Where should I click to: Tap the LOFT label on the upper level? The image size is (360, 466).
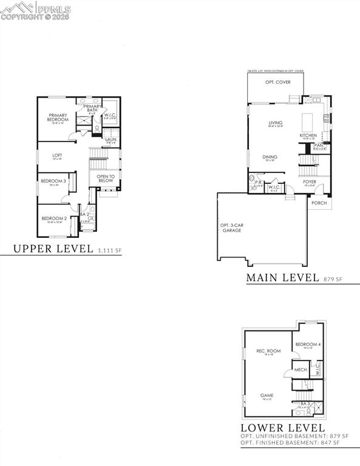point(57,155)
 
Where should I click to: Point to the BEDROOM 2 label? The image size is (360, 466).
point(54,218)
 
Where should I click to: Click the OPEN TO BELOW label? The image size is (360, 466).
point(106,178)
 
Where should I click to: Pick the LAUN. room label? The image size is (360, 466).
point(111,140)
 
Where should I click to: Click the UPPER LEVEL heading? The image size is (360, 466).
point(53,248)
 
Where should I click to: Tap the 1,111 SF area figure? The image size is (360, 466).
point(109,249)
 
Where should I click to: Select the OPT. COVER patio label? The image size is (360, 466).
point(277,82)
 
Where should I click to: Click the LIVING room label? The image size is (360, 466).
point(276,123)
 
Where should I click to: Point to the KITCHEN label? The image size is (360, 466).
point(308,135)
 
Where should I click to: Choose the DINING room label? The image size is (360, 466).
point(270,157)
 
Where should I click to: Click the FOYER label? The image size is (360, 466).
point(310,181)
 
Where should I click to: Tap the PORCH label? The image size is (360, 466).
point(319,203)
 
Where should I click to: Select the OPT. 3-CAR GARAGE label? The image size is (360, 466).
point(231,228)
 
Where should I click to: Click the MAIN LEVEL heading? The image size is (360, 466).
point(282,278)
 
